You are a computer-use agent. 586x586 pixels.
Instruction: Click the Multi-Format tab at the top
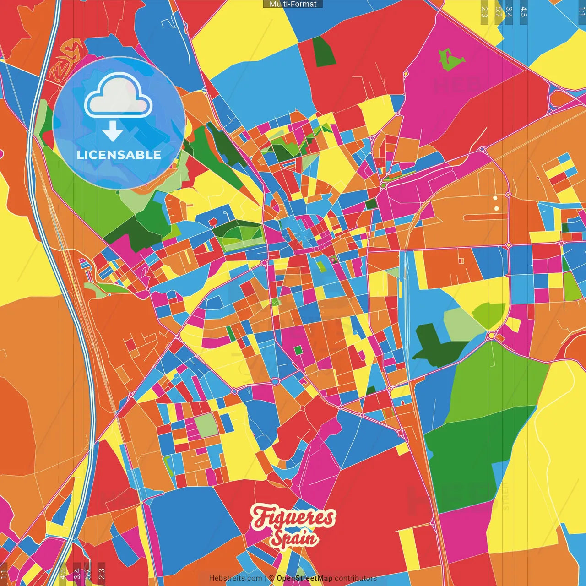click(293, 4)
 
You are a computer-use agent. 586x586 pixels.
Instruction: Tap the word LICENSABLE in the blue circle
click(119, 155)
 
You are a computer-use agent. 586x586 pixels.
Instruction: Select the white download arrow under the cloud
click(113, 132)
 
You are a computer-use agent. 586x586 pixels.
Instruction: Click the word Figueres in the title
click(293, 518)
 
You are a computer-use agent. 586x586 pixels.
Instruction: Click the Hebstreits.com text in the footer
click(235, 578)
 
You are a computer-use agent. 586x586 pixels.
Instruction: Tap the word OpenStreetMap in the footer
click(304, 578)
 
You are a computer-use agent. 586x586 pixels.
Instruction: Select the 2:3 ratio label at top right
click(484, 11)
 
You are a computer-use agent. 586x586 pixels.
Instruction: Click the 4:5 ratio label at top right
click(524, 11)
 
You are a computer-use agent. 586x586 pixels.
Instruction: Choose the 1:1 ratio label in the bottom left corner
click(4, 574)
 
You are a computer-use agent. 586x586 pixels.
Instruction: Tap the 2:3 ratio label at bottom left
click(102, 574)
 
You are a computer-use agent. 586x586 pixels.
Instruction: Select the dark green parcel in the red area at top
click(323, 52)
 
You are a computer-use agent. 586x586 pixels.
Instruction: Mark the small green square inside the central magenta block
click(298, 350)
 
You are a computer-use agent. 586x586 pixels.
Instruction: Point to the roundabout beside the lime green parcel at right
click(492, 336)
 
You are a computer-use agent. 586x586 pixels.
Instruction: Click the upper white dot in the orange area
click(495, 198)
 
